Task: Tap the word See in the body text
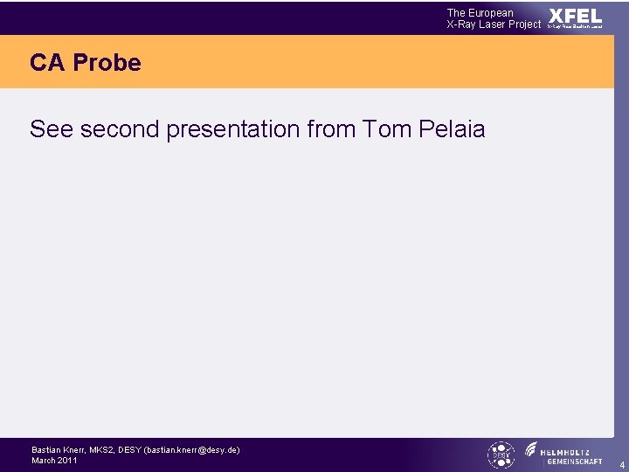pyautogui.click(x=50, y=129)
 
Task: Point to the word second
pyautogui.click(x=117, y=129)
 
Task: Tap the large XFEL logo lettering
pyautogui.click(x=575, y=17)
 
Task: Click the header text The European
pyautogui.click(x=480, y=13)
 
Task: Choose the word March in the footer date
pyautogui.click(x=44, y=460)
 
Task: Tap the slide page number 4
pyautogui.click(x=622, y=466)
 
